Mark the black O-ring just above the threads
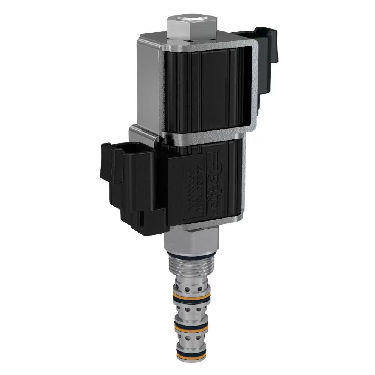point(191,255)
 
